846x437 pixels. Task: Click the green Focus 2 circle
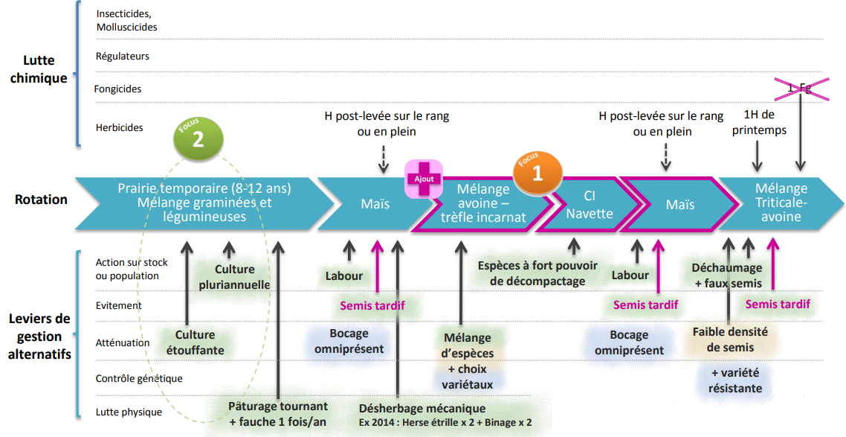point(198,138)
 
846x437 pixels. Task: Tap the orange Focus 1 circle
point(537,173)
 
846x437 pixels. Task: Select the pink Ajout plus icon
point(424,178)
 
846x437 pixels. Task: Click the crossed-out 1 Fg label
point(800,89)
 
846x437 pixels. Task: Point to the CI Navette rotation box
point(590,205)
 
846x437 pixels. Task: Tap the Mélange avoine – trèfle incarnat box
point(483,204)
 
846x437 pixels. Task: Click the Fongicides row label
point(117,89)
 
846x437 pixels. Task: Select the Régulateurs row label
point(123,56)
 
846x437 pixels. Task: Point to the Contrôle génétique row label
point(139,378)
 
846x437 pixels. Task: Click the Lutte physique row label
point(129,412)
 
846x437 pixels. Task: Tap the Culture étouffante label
point(195,342)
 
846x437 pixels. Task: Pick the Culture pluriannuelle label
point(235,277)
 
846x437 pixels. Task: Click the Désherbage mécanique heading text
point(422,409)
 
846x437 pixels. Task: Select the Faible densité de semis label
point(730,339)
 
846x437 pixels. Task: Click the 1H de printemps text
point(759,122)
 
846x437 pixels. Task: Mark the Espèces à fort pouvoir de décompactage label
point(537,273)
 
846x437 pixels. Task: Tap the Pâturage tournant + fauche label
point(278,414)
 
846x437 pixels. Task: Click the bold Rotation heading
point(41,200)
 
